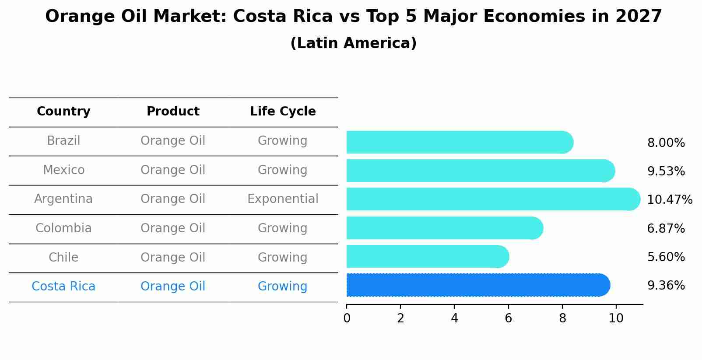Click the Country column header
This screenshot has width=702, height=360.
click(63, 112)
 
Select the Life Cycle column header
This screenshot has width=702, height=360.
click(283, 112)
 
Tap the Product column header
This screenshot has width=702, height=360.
click(173, 112)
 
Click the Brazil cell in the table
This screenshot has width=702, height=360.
click(63, 141)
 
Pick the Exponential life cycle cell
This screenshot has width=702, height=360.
click(283, 199)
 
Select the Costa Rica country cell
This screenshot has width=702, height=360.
click(63, 287)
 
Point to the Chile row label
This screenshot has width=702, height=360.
click(63, 257)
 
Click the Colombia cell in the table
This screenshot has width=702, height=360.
click(63, 228)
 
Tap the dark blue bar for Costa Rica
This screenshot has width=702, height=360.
click(477, 285)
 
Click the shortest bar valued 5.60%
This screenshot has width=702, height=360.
click(427, 256)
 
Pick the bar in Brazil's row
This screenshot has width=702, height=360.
click(460, 142)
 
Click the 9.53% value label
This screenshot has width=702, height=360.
click(666, 171)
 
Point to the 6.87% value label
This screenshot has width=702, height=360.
click(666, 229)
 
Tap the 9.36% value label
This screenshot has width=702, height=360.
click(666, 286)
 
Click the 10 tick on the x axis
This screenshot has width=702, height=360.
click(616, 318)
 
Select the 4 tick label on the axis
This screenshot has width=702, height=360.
click(454, 318)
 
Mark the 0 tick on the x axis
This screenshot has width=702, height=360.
click(347, 318)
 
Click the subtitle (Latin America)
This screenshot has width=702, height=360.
click(353, 43)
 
